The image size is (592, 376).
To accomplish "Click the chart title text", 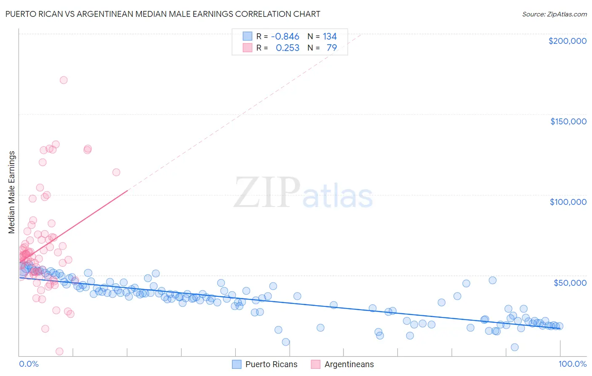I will coord(163,14).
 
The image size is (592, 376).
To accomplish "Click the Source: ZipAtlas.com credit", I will coord(554,14).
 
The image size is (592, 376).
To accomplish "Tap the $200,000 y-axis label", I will coord(567,41).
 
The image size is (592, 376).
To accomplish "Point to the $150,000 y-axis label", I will coord(568,121).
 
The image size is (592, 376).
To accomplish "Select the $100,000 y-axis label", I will coord(568,202).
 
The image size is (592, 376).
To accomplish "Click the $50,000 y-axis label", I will coord(570,283).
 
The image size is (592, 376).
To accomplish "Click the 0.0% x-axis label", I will coord(29,364).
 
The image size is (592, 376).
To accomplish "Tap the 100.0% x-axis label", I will coord(572,364).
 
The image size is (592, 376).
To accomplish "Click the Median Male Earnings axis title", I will coord(11,192).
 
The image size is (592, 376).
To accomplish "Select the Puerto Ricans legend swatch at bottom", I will coord(237,364).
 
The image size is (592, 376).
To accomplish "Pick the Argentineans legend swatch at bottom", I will coord(316,364).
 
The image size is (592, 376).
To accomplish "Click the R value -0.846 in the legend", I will coord(285,37).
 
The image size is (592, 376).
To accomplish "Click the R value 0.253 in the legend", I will coord(288,48).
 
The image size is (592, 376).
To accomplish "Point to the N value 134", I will coord(330,37).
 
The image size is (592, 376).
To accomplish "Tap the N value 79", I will coord(332,48).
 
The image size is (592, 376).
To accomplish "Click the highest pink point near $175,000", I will coord(64,80).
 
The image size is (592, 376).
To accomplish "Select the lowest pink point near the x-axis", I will coord(59,352).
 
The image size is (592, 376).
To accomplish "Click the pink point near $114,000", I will coord(116,172).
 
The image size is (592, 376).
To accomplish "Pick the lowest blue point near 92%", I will coord(515,347).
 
